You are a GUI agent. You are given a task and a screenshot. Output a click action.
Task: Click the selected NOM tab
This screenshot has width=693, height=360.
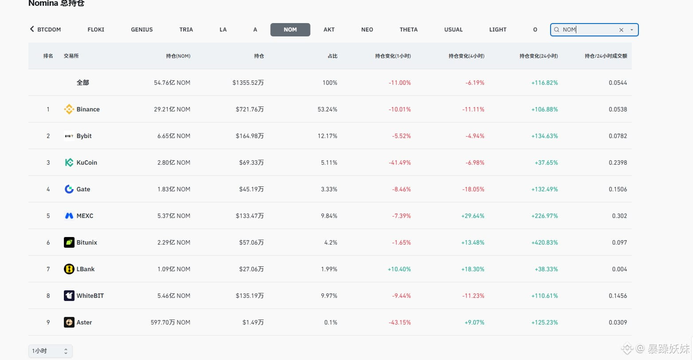click(x=290, y=30)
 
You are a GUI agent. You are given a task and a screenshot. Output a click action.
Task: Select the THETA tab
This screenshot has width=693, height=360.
click(x=408, y=30)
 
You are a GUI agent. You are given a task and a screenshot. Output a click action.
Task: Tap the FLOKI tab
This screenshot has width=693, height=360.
click(x=96, y=30)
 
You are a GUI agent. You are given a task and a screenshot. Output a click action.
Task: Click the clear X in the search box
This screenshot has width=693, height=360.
click(x=621, y=30)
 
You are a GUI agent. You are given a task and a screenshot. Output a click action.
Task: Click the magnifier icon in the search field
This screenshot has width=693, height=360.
click(x=556, y=30)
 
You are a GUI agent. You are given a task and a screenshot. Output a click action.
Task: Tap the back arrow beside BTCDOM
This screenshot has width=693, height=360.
click(x=32, y=29)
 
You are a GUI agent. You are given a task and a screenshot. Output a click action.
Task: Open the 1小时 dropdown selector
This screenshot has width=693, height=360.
click(x=51, y=351)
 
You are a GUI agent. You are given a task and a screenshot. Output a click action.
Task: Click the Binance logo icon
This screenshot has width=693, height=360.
click(x=69, y=109)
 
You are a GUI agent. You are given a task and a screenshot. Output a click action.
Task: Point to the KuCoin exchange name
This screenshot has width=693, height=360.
click(x=87, y=162)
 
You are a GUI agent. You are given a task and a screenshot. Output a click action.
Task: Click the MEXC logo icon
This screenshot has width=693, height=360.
click(x=69, y=216)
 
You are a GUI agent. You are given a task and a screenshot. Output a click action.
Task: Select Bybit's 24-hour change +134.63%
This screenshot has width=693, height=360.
click(x=544, y=136)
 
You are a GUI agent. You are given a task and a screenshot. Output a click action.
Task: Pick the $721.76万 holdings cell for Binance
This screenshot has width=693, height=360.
click(x=250, y=109)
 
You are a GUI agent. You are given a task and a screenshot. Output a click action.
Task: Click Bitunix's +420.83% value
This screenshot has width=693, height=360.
click(x=544, y=242)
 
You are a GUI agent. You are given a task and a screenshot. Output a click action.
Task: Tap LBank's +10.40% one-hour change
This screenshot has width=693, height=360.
click(x=399, y=269)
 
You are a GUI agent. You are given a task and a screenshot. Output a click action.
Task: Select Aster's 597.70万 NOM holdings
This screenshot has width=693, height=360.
click(x=170, y=322)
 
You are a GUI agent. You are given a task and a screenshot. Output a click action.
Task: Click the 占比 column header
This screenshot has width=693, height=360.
click(x=333, y=56)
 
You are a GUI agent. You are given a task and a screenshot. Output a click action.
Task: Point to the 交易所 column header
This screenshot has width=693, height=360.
click(x=71, y=56)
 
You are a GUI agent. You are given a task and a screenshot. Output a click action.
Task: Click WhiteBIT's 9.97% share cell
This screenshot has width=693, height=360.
click(x=329, y=296)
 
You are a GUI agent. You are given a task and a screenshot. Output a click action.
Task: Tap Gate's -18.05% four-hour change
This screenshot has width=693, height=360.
click(x=473, y=189)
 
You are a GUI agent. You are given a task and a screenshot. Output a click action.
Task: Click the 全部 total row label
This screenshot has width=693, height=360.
click(x=83, y=83)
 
